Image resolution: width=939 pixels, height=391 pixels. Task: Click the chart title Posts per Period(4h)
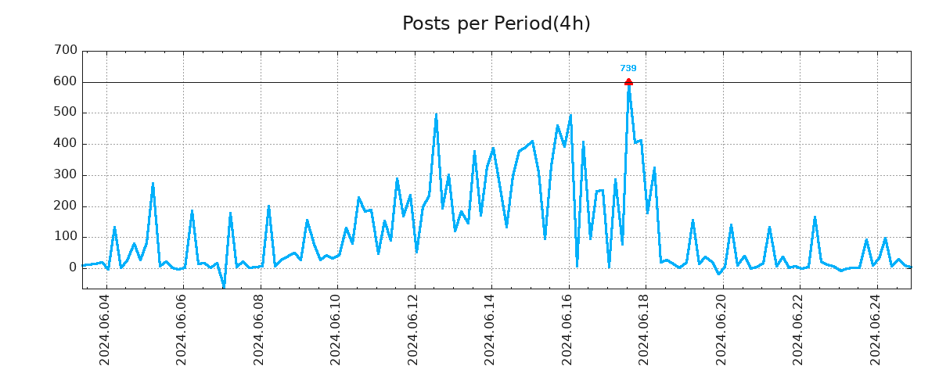click(496, 24)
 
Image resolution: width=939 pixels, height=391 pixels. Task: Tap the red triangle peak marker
click(628, 81)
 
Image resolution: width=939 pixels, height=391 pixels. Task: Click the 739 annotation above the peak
click(628, 69)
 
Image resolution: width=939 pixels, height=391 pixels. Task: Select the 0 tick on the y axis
click(73, 268)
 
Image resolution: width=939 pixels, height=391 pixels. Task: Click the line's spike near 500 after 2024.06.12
click(436, 115)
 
